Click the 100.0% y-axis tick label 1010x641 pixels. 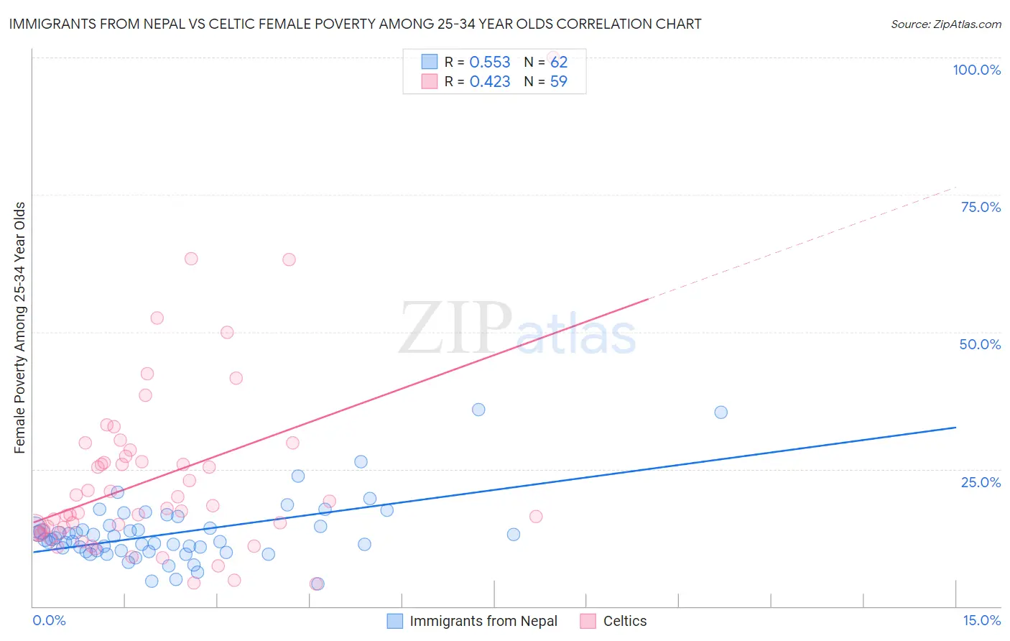(976, 70)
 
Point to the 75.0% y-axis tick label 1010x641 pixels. (981, 207)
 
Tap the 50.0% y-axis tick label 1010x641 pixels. (980, 344)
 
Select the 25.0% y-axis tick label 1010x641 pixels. (981, 482)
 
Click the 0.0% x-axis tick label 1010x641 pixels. (49, 620)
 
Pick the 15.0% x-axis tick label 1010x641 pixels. (981, 620)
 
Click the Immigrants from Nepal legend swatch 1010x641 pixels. (395, 621)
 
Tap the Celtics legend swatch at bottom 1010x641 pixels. (588, 621)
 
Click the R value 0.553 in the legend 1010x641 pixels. (490, 63)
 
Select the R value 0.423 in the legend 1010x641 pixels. (490, 82)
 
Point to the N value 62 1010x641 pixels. (559, 63)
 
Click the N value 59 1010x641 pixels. (559, 82)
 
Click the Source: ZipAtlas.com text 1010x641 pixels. (945, 24)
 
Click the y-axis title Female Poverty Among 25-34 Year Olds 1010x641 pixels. (20, 328)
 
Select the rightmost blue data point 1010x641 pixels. (721, 412)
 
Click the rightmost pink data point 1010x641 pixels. (536, 517)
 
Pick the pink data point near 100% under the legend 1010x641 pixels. (553, 57)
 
